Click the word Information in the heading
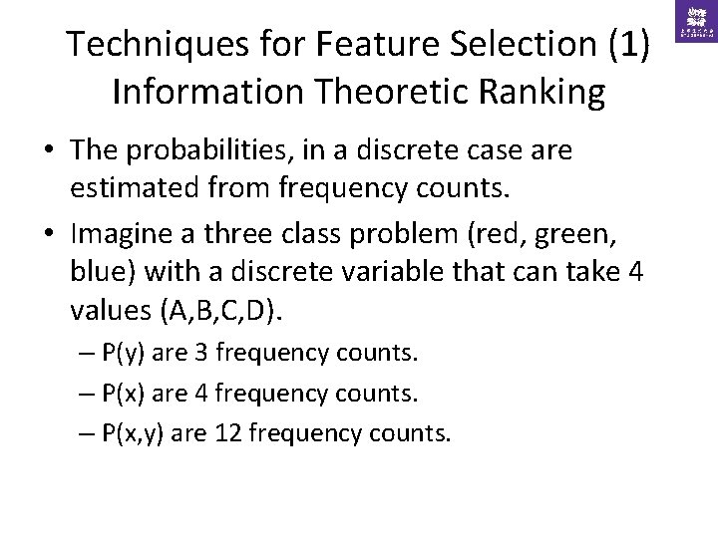tap(194, 91)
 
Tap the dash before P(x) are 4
tap(87, 394)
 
